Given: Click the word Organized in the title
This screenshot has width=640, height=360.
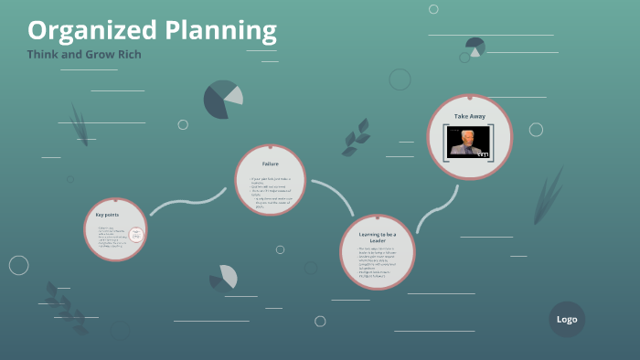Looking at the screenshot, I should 80,31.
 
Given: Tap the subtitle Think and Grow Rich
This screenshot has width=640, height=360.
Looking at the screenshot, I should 84,54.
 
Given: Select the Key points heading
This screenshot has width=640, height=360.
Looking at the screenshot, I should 107,214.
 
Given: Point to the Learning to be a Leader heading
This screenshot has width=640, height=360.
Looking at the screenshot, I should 377,238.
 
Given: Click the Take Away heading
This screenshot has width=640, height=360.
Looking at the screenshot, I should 469,116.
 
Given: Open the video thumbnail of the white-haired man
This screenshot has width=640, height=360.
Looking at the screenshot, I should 469,141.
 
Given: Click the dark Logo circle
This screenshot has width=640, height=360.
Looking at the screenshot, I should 567,319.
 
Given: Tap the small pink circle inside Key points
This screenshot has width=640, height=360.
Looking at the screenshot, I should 136,235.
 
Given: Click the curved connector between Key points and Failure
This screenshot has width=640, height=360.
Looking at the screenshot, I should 187,201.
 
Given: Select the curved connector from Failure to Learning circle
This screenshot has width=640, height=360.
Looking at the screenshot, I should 335,196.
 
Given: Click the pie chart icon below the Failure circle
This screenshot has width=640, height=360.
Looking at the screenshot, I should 224,277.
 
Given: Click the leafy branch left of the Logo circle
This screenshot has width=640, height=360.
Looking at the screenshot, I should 65,306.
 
